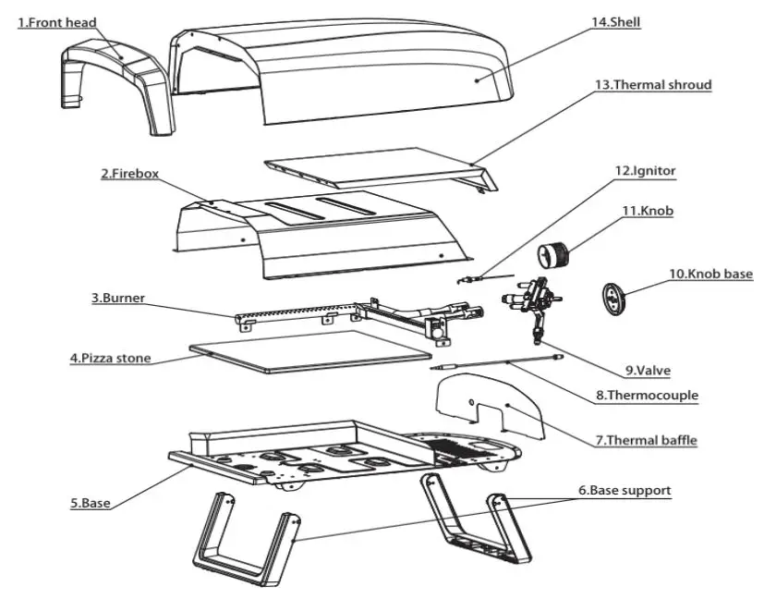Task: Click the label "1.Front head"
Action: (x=57, y=22)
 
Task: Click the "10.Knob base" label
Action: (x=710, y=275)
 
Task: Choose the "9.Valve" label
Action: (x=647, y=371)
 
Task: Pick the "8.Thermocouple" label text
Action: (x=647, y=396)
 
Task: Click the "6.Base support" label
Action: (x=625, y=491)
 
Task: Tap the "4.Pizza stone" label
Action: (x=110, y=358)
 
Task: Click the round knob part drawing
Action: (x=555, y=252)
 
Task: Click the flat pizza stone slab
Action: (x=309, y=350)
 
